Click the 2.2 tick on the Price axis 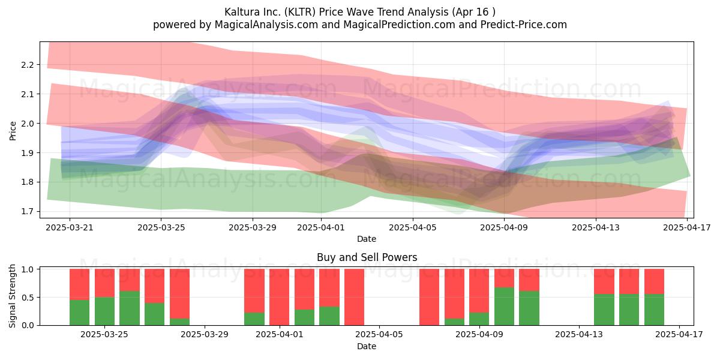(27, 65)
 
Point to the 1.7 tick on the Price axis (27, 211)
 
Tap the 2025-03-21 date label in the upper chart (70, 228)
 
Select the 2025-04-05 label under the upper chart (413, 228)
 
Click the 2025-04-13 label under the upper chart (596, 228)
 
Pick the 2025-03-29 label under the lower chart (205, 335)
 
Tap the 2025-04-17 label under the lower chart (679, 335)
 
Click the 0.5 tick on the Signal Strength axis (28, 298)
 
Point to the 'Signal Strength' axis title (12, 296)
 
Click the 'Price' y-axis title (13, 131)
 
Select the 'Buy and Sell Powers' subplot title (367, 257)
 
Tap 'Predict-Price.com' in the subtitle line (523, 25)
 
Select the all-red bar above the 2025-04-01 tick (279, 297)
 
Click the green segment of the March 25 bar (104, 311)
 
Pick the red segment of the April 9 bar (504, 278)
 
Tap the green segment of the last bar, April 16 (654, 310)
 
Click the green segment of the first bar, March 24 (79, 313)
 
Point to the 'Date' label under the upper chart (367, 239)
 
